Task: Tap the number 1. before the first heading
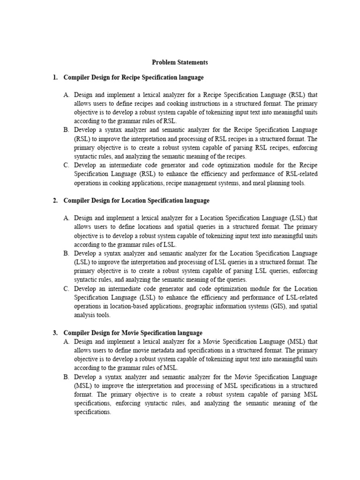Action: [55, 77]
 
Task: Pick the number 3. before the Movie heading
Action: [55, 333]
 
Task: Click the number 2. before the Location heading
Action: [55, 201]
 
